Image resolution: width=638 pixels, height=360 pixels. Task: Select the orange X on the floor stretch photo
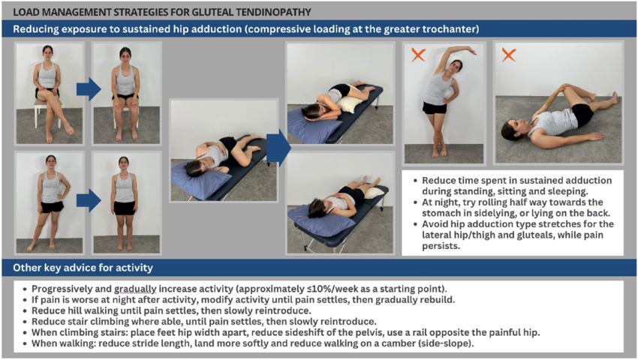(508, 55)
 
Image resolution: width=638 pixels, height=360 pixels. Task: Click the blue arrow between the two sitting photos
(88, 89)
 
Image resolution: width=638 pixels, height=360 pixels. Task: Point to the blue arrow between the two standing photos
(88, 200)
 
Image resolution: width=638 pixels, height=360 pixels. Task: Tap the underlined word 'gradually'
(135, 289)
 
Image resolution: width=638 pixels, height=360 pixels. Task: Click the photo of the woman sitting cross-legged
(50, 93)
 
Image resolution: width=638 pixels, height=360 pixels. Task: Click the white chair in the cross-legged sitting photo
(42, 112)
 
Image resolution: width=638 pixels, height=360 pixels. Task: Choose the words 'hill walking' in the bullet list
(91, 310)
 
